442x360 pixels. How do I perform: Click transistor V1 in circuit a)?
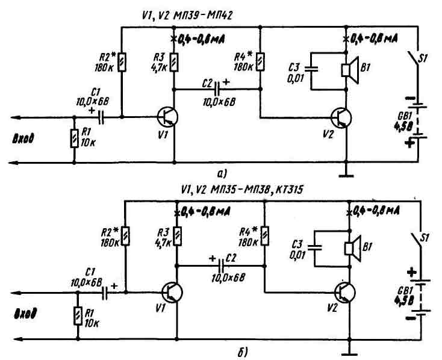click(x=168, y=117)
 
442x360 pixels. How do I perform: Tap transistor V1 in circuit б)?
click(x=172, y=293)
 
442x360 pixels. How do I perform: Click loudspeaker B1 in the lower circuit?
click(x=351, y=246)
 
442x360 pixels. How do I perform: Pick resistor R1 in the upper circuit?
click(x=73, y=138)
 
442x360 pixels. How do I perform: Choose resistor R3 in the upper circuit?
click(x=174, y=63)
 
